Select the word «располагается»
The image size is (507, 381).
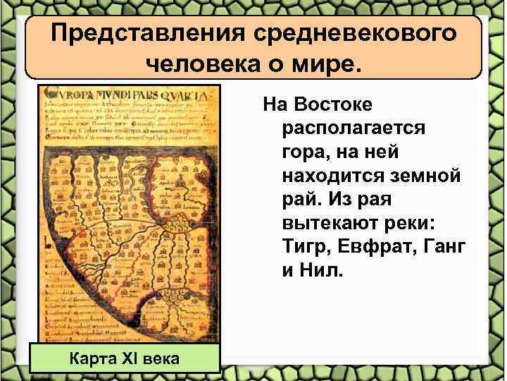353,128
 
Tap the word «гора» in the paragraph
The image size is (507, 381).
306,152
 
